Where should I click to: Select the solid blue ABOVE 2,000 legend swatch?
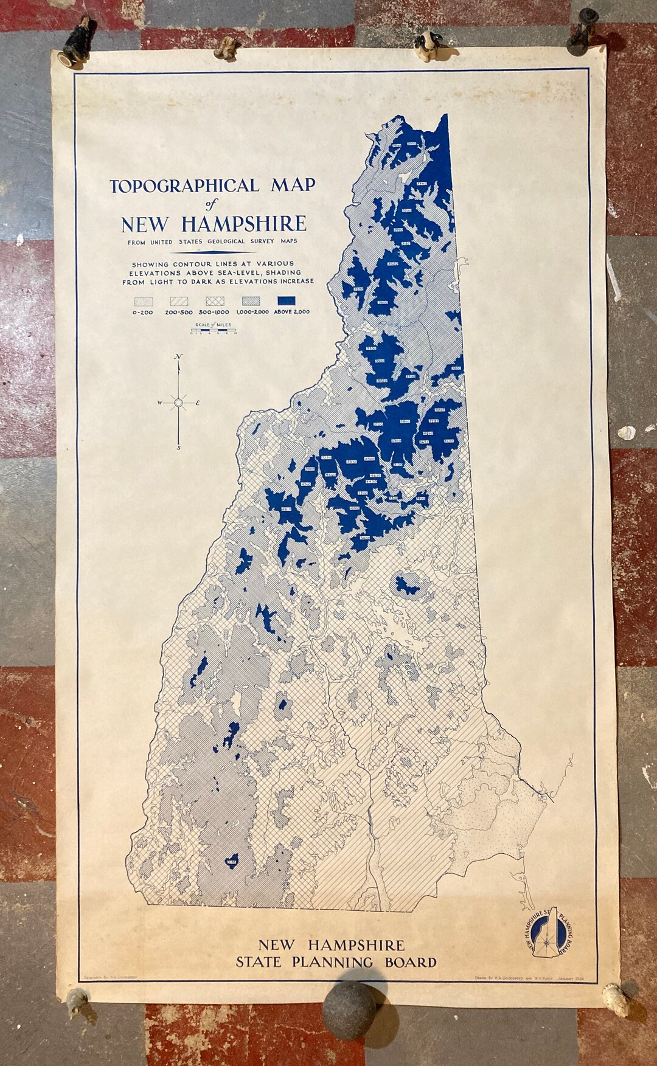point(291,301)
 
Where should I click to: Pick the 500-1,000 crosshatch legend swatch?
point(216,301)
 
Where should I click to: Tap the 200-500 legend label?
point(179,312)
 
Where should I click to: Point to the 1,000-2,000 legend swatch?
point(254,301)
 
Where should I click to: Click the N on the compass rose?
point(178,357)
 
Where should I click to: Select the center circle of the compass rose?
point(178,403)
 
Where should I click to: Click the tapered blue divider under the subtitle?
point(212,252)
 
